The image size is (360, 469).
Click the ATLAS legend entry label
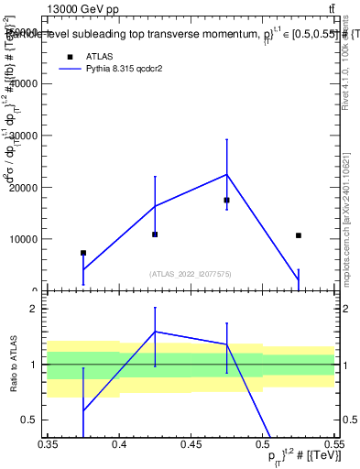tap(102, 55)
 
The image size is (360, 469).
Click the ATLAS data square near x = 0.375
tap(83, 253)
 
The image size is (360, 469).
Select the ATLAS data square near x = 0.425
tap(155, 234)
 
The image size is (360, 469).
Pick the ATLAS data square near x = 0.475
tap(226, 200)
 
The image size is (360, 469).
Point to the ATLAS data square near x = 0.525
tap(299, 235)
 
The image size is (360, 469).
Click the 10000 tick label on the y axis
tap(24, 239)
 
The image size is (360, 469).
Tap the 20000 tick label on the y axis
tap(24, 187)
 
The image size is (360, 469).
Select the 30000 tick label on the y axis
tap(24, 136)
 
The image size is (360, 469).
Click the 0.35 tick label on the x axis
tap(48, 443)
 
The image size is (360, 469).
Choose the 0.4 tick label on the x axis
tap(119, 443)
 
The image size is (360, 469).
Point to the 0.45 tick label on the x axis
tap(191, 443)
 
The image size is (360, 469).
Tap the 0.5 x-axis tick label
tap(263, 443)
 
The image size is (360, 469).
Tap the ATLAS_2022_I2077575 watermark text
tap(191, 274)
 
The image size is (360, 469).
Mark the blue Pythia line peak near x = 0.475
tap(226, 174)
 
